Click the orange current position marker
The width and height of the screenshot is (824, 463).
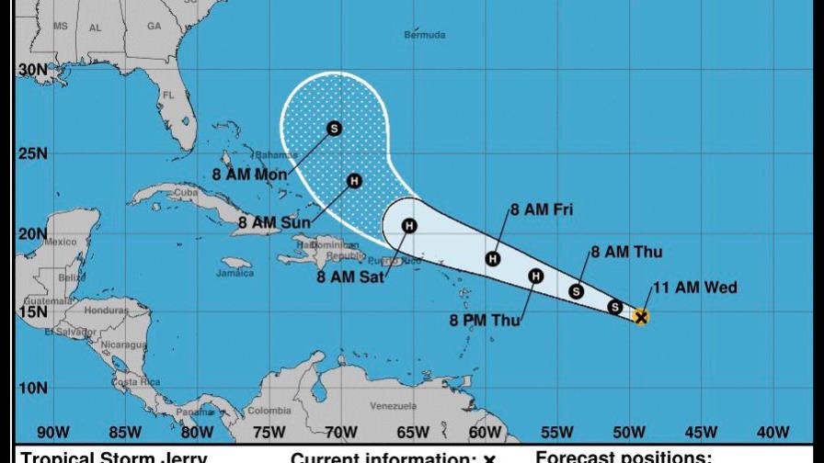(641, 317)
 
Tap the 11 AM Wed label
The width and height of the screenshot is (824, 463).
(694, 288)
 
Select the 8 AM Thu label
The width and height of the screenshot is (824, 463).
(626, 252)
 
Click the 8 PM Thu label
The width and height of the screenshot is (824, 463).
(484, 321)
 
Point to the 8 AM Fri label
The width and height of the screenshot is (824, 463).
(542, 210)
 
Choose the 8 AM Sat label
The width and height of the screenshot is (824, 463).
(350, 276)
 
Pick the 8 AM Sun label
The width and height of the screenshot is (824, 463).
(273, 221)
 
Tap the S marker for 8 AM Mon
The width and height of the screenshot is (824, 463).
(334, 129)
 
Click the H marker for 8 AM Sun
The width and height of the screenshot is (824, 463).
(354, 181)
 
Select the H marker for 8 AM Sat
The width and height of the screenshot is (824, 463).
(409, 226)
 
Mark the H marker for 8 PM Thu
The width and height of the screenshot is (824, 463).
(536, 276)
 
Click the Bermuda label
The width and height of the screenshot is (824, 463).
(424, 35)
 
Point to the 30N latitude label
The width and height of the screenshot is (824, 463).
(32, 70)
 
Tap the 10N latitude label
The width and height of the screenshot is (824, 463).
(32, 388)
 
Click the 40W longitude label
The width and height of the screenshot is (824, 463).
(772, 433)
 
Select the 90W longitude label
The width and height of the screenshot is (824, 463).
(52, 433)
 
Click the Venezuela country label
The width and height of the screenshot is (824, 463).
(393, 406)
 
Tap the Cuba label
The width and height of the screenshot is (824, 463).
(187, 193)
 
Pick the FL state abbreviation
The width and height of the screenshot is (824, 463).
(167, 96)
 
